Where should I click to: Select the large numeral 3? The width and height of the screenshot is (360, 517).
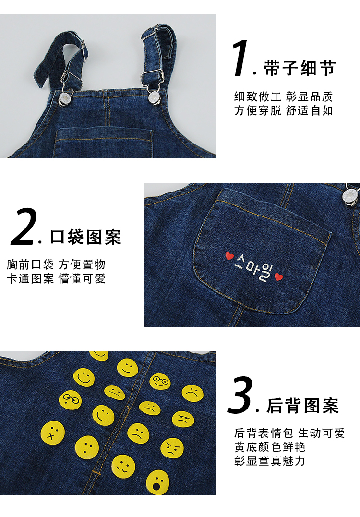[x=240, y=395]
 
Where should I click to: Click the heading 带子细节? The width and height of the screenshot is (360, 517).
[x=300, y=68]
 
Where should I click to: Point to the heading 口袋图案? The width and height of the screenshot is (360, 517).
[x=86, y=237]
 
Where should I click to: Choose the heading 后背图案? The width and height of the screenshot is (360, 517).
[x=302, y=406]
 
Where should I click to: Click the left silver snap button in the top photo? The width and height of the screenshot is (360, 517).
[x=64, y=98]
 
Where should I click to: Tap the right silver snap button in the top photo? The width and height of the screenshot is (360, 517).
[x=154, y=97]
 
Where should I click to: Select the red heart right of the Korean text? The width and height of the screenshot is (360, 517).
[x=278, y=277]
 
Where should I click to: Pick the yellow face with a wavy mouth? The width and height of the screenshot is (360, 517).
[x=123, y=467]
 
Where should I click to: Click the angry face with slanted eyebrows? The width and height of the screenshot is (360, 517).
[x=172, y=448]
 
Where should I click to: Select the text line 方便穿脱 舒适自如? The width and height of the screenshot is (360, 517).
[x=284, y=110]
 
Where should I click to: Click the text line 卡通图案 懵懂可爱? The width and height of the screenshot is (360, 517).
[x=56, y=278]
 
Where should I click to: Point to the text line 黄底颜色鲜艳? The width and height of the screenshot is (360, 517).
[x=270, y=447]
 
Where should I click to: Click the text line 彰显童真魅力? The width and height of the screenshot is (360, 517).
[x=270, y=461]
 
